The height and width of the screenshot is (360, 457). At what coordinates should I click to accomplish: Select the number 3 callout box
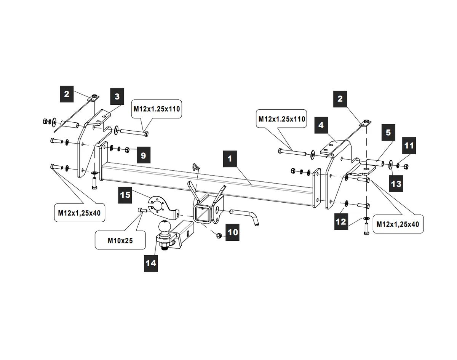(117, 97)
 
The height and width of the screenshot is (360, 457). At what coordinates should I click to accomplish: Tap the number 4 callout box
(321, 125)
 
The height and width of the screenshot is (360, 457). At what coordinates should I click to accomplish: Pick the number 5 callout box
(388, 133)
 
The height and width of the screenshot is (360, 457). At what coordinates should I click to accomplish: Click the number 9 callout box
(143, 155)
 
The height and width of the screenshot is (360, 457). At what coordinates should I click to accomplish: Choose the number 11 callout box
(409, 146)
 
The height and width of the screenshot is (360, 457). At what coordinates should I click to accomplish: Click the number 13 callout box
(396, 184)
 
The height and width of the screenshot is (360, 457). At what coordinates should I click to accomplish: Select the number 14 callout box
(151, 263)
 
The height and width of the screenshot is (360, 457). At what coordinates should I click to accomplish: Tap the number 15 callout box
(125, 195)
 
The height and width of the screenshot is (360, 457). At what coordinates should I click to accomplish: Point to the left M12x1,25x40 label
(79, 213)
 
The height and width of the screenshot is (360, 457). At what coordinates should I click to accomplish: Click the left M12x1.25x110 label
(156, 109)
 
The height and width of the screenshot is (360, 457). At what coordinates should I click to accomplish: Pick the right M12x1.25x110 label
(282, 119)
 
